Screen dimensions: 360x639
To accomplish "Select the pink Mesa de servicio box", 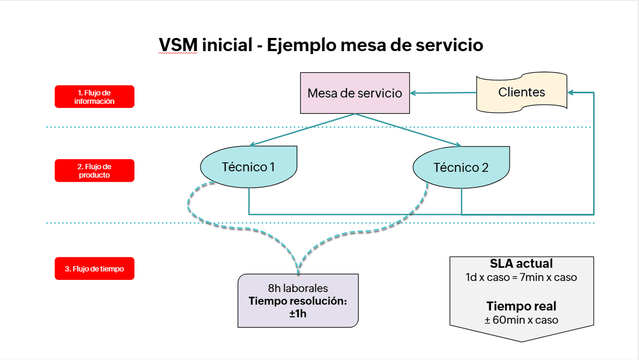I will click(x=355, y=93).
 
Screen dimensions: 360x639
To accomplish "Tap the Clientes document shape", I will click(x=521, y=92).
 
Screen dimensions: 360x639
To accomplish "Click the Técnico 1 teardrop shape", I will click(x=248, y=167).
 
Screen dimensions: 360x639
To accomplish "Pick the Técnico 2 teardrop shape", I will click(x=461, y=168).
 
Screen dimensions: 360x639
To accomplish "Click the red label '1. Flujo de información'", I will click(x=94, y=97).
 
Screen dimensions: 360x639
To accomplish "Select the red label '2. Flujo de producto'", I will click(x=94, y=171).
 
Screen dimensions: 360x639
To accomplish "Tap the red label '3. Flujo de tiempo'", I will click(x=94, y=269).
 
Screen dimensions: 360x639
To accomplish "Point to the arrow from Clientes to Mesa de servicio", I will click(x=443, y=93).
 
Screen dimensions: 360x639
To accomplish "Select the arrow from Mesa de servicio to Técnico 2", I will click(x=409, y=130).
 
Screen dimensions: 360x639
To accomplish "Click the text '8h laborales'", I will click(x=298, y=288).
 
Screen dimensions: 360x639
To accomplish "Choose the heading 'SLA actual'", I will click(x=521, y=264).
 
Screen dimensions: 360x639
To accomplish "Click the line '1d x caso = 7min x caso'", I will click(x=521, y=277).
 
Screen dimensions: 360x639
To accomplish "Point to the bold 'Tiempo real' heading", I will click(x=521, y=306).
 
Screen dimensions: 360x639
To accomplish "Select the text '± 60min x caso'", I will click(x=521, y=319).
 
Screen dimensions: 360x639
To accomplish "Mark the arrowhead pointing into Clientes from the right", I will click(x=572, y=92).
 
